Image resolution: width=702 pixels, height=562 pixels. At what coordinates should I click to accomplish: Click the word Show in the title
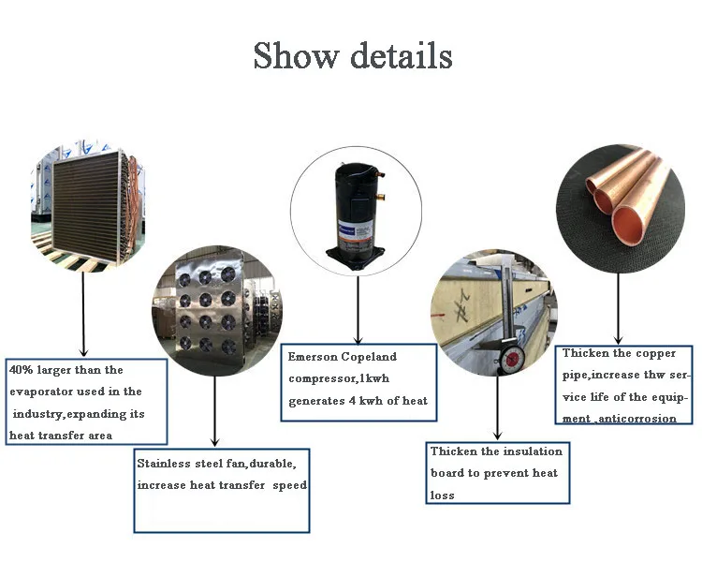click(x=295, y=56)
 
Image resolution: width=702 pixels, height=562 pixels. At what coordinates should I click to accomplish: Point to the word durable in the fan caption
click(x=271, y=464)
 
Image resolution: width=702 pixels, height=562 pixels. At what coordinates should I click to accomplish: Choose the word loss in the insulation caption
click(x=443, y=495)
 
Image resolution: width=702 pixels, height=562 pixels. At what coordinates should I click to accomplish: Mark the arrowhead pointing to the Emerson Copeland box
click(x=357, y=338)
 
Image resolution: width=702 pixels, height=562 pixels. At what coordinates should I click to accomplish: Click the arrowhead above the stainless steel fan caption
click(x=215, y=440)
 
